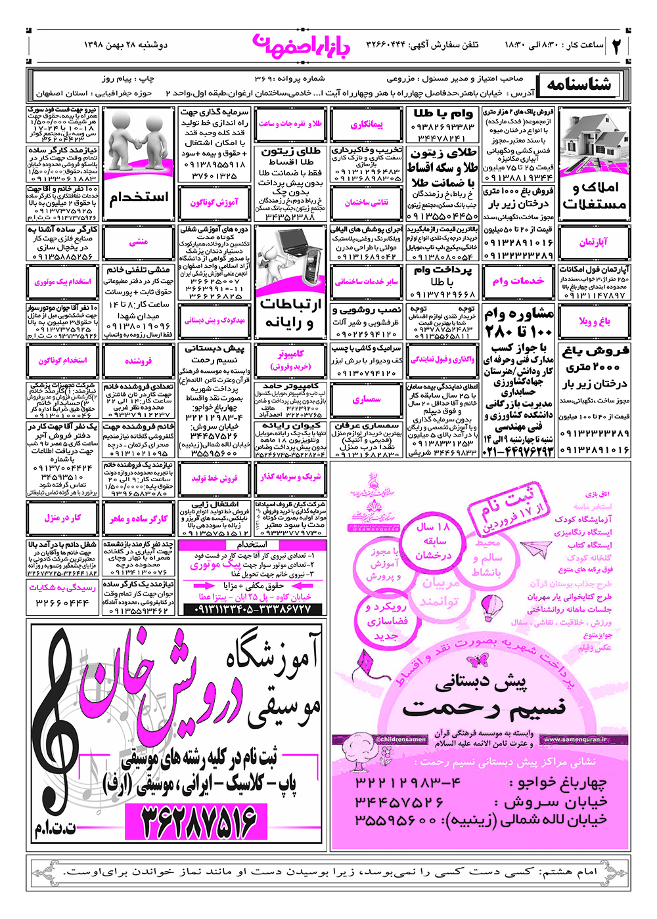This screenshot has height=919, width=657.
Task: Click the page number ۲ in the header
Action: click(x=617, y=46)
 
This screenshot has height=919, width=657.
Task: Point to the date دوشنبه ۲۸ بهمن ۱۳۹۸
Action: click(x=126, y=45)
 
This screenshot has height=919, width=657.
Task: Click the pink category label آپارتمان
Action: click(x=593, y=242)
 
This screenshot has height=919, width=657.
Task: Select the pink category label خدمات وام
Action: click(x=518, y=281)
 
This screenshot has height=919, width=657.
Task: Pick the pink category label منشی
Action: click(x=139, y=242)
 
